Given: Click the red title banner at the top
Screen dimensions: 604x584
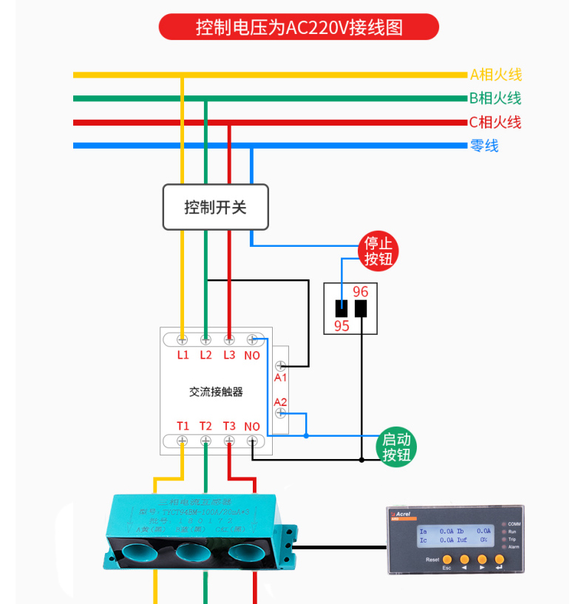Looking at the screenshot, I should pos(299,27).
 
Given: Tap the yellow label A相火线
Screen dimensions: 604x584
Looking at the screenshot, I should pos(496,74).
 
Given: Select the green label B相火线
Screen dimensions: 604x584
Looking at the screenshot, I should pos(495,98).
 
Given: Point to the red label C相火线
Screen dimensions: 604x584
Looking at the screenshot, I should pos(495,122).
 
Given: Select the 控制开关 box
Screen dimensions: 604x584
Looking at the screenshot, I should pos(215,207).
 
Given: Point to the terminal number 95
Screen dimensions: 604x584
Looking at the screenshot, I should pos(342,325).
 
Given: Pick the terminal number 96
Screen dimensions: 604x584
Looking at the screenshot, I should pos(361,292).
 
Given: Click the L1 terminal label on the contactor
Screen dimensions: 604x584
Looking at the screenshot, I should pos(183,356).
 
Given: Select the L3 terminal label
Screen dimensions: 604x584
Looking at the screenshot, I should pos(229,356).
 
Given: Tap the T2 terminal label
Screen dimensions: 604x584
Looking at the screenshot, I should pos(206,426).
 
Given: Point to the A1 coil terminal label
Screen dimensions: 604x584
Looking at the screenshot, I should pos(280,377).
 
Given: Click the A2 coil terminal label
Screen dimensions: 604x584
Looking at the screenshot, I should pos(280,402).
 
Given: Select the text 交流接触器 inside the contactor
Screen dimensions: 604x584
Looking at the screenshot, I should pos(216,392).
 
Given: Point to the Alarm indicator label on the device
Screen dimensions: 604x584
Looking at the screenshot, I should pos(514,546).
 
